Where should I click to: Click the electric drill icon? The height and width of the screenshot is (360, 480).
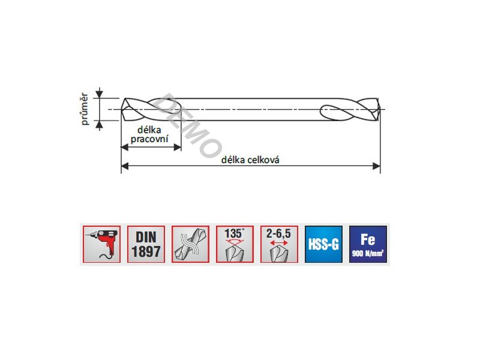(x=101, y=244)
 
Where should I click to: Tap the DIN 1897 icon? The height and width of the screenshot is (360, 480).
(x=146, y=244)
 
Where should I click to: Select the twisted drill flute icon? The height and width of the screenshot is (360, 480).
(x=190, y=244)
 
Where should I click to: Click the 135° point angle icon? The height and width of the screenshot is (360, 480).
(x=235, y=244)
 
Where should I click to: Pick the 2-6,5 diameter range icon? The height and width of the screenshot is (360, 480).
(x=279, y=244)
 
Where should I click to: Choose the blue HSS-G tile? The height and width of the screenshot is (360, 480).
(x=323, y=244)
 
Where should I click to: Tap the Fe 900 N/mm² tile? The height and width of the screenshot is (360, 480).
(x=368, y=244)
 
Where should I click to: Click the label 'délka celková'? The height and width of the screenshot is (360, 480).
(x=250, y=160)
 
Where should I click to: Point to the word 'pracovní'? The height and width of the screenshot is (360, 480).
(x=149, y=139)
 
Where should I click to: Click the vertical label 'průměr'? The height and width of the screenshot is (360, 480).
(x=84, y=109)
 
